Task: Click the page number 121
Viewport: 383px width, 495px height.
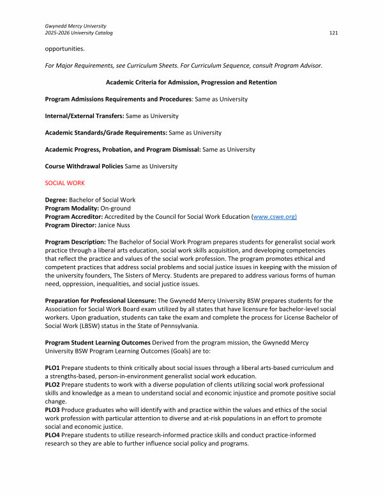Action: pos(333,32)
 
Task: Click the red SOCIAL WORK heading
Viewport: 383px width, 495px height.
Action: pos(64,182)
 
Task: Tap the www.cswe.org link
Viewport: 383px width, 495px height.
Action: pos(275,217)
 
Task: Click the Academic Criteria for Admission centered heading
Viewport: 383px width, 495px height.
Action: pos(191,82)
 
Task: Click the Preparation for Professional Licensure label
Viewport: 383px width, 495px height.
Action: pos(105,300)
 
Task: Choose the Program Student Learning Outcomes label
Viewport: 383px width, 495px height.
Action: pos(105,343)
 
